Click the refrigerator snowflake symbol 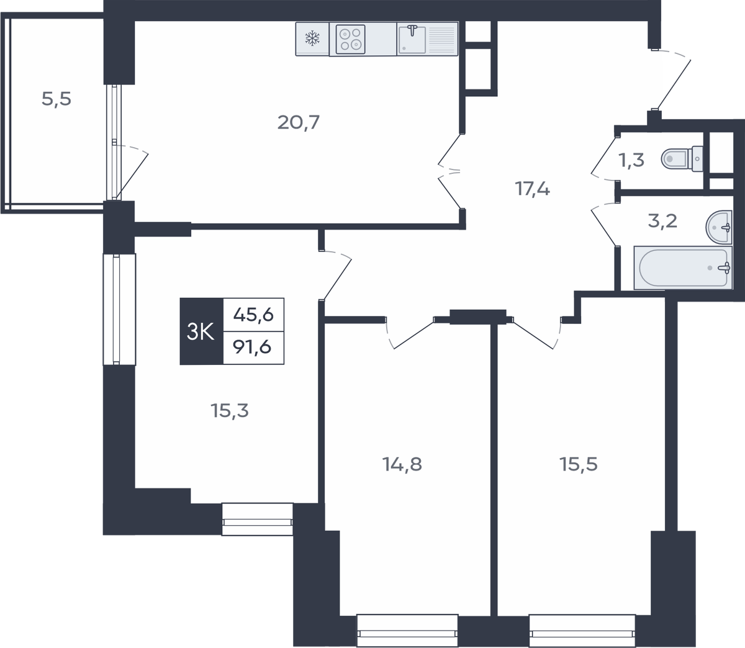coord(312,38)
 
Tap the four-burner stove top coord(350,39)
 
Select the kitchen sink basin coord(412,40)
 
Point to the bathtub coord(683,268)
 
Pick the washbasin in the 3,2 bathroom coord(719,227)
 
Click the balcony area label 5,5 coord(56,99)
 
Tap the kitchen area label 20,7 coord(299,122)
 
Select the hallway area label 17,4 coord(532,189)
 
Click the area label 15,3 coord(230,411)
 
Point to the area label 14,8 coord(402,464)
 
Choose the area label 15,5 coord(578,464)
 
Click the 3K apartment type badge coord(201,331)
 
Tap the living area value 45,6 coord(253,315)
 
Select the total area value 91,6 coord(252,347)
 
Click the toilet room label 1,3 coord(631,160)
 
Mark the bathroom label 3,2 coord(662,221)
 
